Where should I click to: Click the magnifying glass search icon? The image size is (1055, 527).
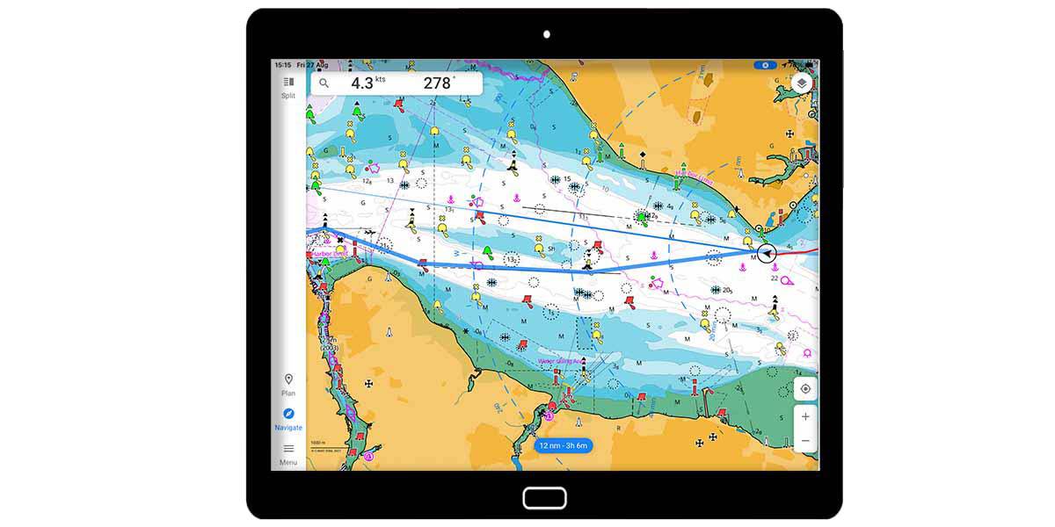tap(324, 83)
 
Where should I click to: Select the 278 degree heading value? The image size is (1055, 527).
tap(438, 83)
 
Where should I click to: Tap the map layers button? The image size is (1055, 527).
tap(801, 83)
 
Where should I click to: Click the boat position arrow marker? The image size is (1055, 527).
tap(767, 253)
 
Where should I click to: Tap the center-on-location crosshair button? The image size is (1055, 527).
tap(805, 388)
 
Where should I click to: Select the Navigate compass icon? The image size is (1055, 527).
tap(288, 414)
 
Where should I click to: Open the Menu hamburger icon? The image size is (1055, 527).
tap(288, 449)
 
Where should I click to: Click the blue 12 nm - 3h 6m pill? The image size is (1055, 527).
tap(563, 445)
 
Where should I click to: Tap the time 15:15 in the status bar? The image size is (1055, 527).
tap(282, 65)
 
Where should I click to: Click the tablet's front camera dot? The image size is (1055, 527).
tap(546, 34)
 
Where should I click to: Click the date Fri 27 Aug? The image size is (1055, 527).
tap(312, 65)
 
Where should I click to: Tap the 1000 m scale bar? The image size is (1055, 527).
tap(318, 442)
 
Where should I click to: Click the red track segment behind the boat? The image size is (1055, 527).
tap(800, 251)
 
